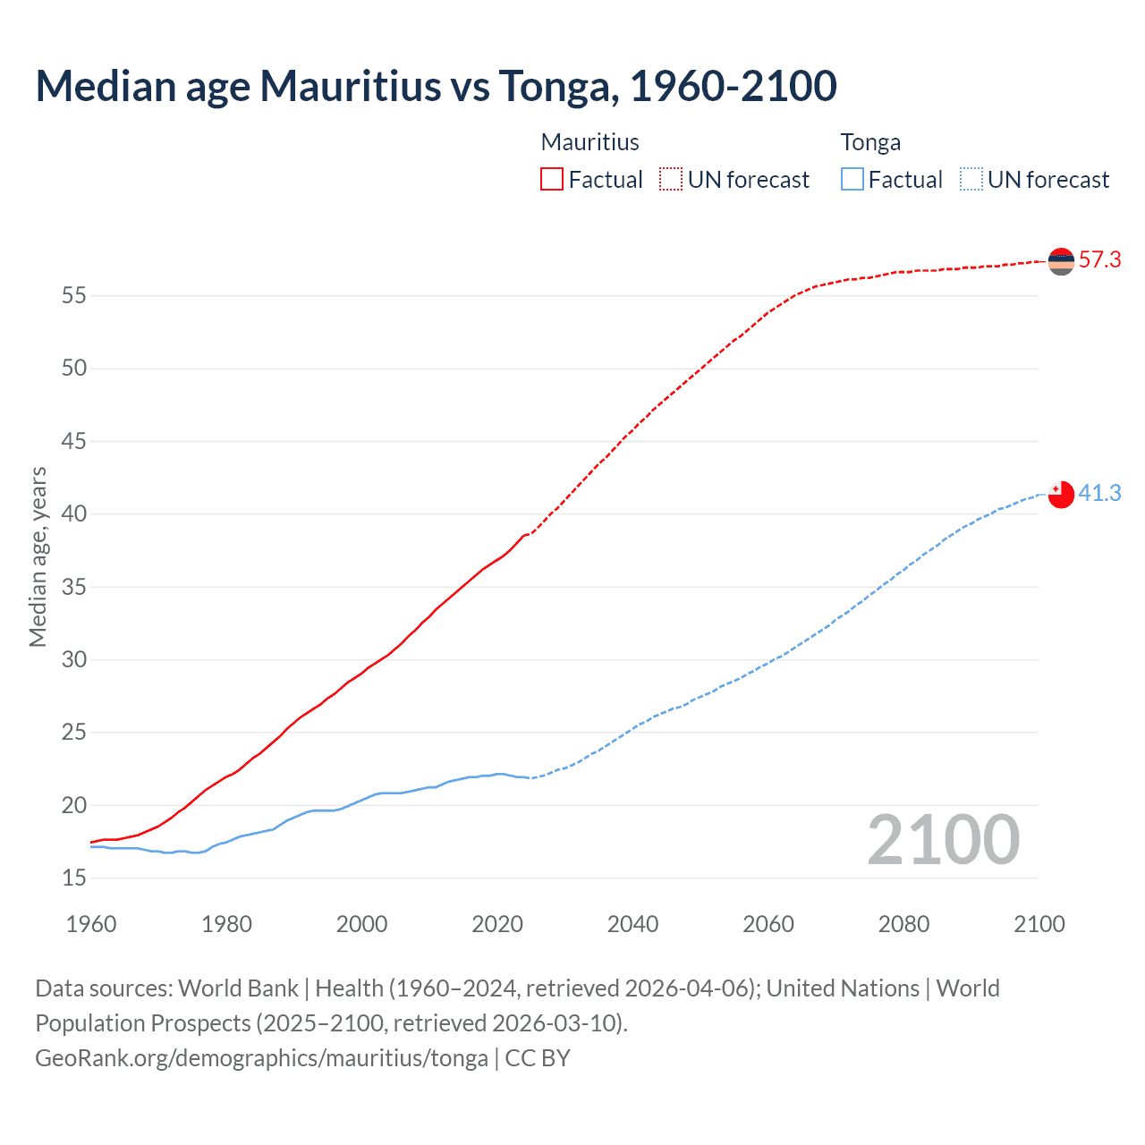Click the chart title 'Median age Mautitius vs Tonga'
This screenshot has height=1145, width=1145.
(436, 86)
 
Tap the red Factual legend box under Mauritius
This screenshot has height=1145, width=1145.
(552, 179)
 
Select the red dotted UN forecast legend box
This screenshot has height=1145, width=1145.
(671, 179)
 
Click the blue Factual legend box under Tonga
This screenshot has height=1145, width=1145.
(852, 179)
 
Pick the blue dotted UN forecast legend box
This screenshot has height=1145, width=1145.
(971, 179)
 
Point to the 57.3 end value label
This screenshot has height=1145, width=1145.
(1099, 260)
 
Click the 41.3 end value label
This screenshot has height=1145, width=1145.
(1099, 494)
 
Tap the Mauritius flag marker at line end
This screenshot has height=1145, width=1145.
(1061, 261)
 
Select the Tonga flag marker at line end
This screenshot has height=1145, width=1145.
(1061, 494)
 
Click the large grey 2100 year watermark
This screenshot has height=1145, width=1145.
(944, 839)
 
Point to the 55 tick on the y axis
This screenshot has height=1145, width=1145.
(74, 295)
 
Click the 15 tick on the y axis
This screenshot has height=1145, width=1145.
(74, 878)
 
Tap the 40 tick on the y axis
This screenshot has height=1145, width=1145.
(74, 513)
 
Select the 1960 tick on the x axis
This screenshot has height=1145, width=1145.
(91, 924)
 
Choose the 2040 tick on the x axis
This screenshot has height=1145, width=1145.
(632, 924)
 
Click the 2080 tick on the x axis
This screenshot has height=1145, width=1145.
(903, 924)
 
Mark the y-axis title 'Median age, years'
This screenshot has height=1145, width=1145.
(38, 556)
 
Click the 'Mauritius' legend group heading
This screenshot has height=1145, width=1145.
(590, 142)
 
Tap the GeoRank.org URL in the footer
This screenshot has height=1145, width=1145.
(261, 1058)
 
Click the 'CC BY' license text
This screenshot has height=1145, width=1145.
(538, 1058)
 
